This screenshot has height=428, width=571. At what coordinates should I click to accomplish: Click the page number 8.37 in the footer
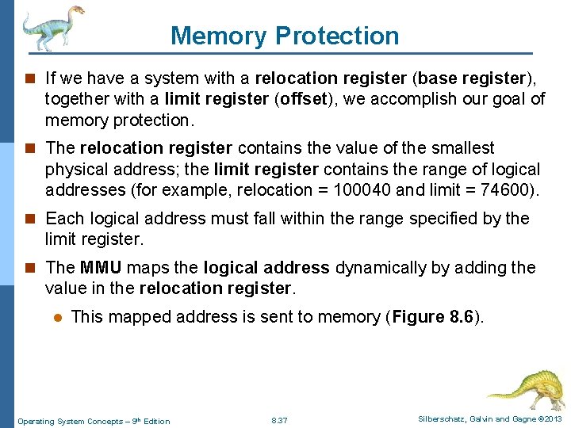coord(279,420)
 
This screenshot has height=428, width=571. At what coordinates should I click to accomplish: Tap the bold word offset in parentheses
coord(300,99)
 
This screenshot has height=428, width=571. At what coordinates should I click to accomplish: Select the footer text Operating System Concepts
coord(68,421)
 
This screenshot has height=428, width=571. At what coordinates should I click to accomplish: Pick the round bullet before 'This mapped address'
coord(57,317)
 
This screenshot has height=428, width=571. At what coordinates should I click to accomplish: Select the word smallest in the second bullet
coord(462,148)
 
